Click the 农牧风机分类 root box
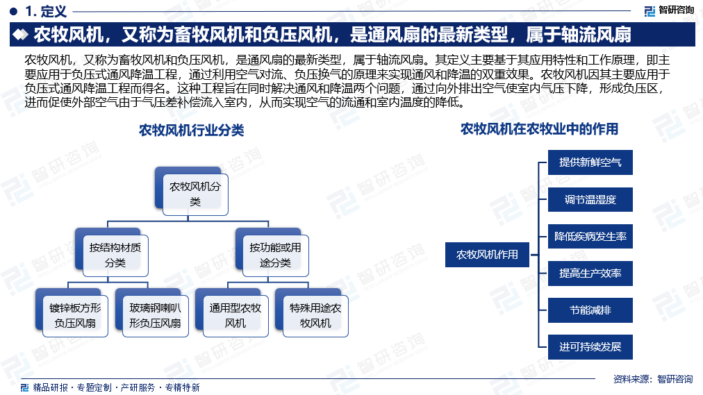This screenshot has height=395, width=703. coord(195,194)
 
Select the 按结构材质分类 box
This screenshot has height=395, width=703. coord(115,255)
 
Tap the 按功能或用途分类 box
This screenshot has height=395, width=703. coord(275,255)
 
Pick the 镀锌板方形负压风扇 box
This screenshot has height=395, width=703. coord(75,316)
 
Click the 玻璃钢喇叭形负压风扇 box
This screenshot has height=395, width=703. coord(155,316)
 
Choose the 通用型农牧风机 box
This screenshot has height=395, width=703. coord(235,316)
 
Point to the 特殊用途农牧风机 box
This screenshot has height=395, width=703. coord(315,316)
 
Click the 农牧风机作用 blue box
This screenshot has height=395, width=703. coord(487,254)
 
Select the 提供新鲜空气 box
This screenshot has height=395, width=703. coord(590,162)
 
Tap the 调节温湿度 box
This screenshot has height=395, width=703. coord(590,199)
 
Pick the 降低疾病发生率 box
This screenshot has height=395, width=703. coord(590,236)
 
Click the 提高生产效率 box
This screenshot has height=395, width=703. coord(590,274)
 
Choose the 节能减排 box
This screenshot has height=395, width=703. coord(590,310)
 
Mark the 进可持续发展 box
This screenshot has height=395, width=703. coord(590,346)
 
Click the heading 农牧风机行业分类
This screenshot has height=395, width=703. coord(192,131)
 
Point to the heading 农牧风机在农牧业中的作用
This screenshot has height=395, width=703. coord(539,129)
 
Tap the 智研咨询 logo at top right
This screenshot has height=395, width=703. coord(669,10)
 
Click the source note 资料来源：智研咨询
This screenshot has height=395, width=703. coord(653,379)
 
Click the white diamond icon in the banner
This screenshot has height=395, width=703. coord(21,35)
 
